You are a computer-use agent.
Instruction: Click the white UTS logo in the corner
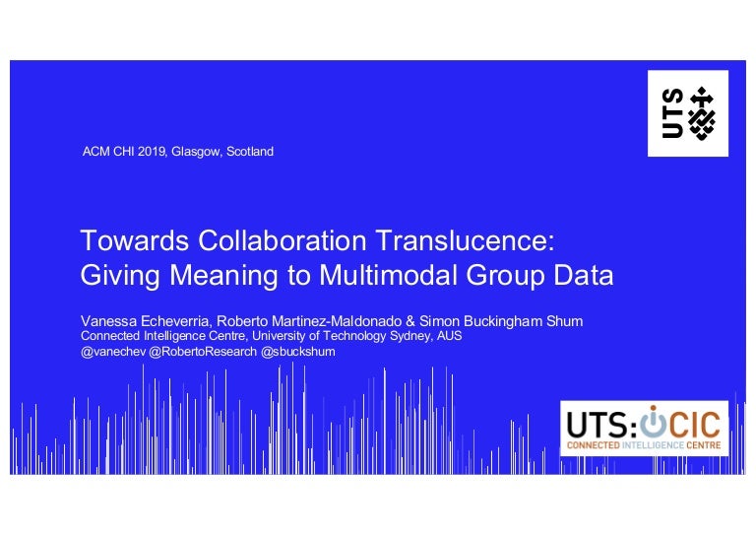click(688, 113)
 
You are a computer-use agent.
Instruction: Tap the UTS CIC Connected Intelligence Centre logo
click(644, 428)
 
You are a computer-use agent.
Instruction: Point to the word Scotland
click(250, 152)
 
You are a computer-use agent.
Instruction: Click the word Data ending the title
click(585, 276)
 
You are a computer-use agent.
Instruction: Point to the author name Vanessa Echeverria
click(143, 321)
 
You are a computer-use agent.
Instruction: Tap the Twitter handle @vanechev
click(113, 352)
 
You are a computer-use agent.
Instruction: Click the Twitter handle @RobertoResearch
click(203, 352)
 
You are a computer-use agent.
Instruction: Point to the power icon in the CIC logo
click(653, 423)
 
